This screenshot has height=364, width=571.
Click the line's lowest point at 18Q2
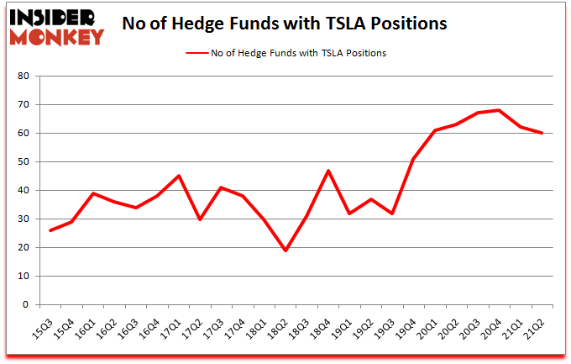click(x=285, y=251)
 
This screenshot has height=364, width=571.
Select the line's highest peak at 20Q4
click(x=499, y=110)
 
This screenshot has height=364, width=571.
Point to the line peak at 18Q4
click(x=328, y=171)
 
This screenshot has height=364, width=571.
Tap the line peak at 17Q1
click(x=179, y=176)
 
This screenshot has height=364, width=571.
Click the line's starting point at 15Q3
click(x=50, y=230)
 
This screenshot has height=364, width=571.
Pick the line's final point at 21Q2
click(x=542, y=133)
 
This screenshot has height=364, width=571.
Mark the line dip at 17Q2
click(x=200, y=219)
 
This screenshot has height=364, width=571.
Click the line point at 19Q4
click(x=414, y=159)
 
